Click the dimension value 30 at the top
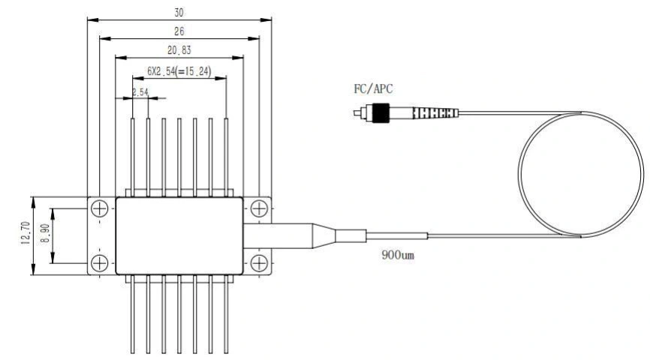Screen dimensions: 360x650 (179, 13)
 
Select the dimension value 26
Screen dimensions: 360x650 (179, 31)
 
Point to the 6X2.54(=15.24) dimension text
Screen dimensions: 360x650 (179, 73)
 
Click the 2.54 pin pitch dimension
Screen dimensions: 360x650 (140, 92)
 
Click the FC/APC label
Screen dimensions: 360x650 (373, 89)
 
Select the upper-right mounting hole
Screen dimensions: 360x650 (258, 207)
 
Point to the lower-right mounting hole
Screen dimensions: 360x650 (258, 262)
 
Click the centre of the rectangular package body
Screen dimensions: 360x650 (179, 235)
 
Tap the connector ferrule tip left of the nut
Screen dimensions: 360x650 (359, 113)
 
